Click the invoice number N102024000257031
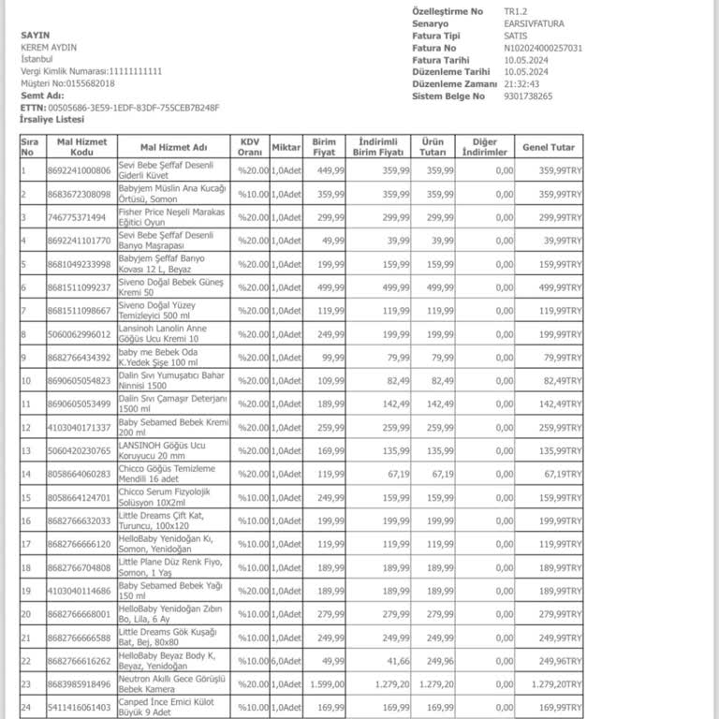543,48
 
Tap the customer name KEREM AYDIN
49,47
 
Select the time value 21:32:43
522,83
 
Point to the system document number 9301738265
528,95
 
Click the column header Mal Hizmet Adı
173,147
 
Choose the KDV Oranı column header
250,147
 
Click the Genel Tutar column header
549,147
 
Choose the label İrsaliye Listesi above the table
52,120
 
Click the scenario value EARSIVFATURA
534,23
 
